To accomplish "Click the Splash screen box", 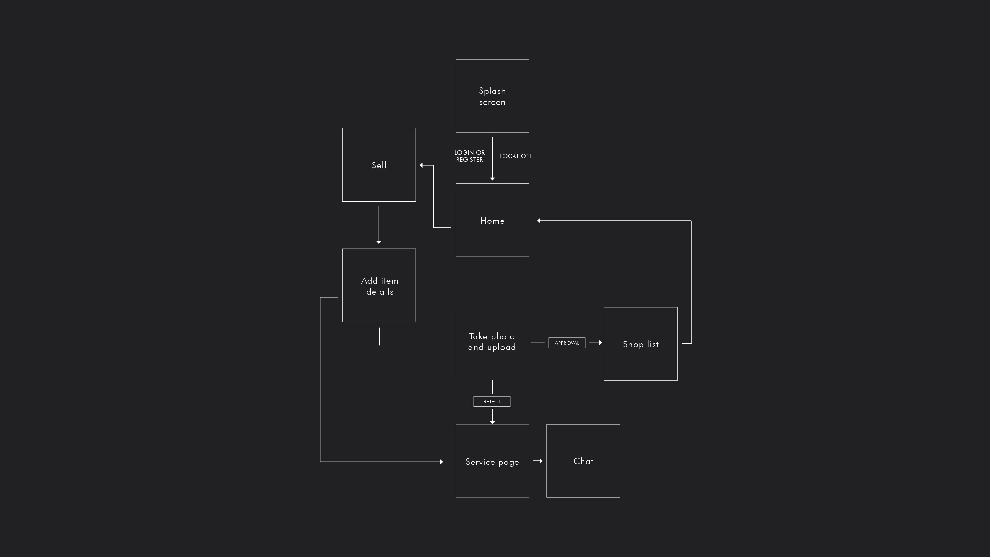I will tap(492, 96).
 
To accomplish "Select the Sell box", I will tap(379, 164).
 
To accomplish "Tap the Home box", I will tap(492, 220).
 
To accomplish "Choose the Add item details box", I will tap(379, 285).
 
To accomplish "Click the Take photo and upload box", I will tap(492, 341).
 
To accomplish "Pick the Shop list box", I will tap(640, 344).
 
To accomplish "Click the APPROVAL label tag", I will tap(566, 343).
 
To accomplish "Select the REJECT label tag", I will tap(492, 401).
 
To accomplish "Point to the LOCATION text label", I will tap(515, 156).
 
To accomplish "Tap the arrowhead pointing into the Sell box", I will tap(422, 165).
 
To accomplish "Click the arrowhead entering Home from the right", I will tap(539, 221).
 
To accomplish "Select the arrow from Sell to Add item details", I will tap(379, 225).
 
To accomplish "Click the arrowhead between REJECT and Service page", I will tap(492, 422).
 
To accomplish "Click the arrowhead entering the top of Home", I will tap(492, 178).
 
